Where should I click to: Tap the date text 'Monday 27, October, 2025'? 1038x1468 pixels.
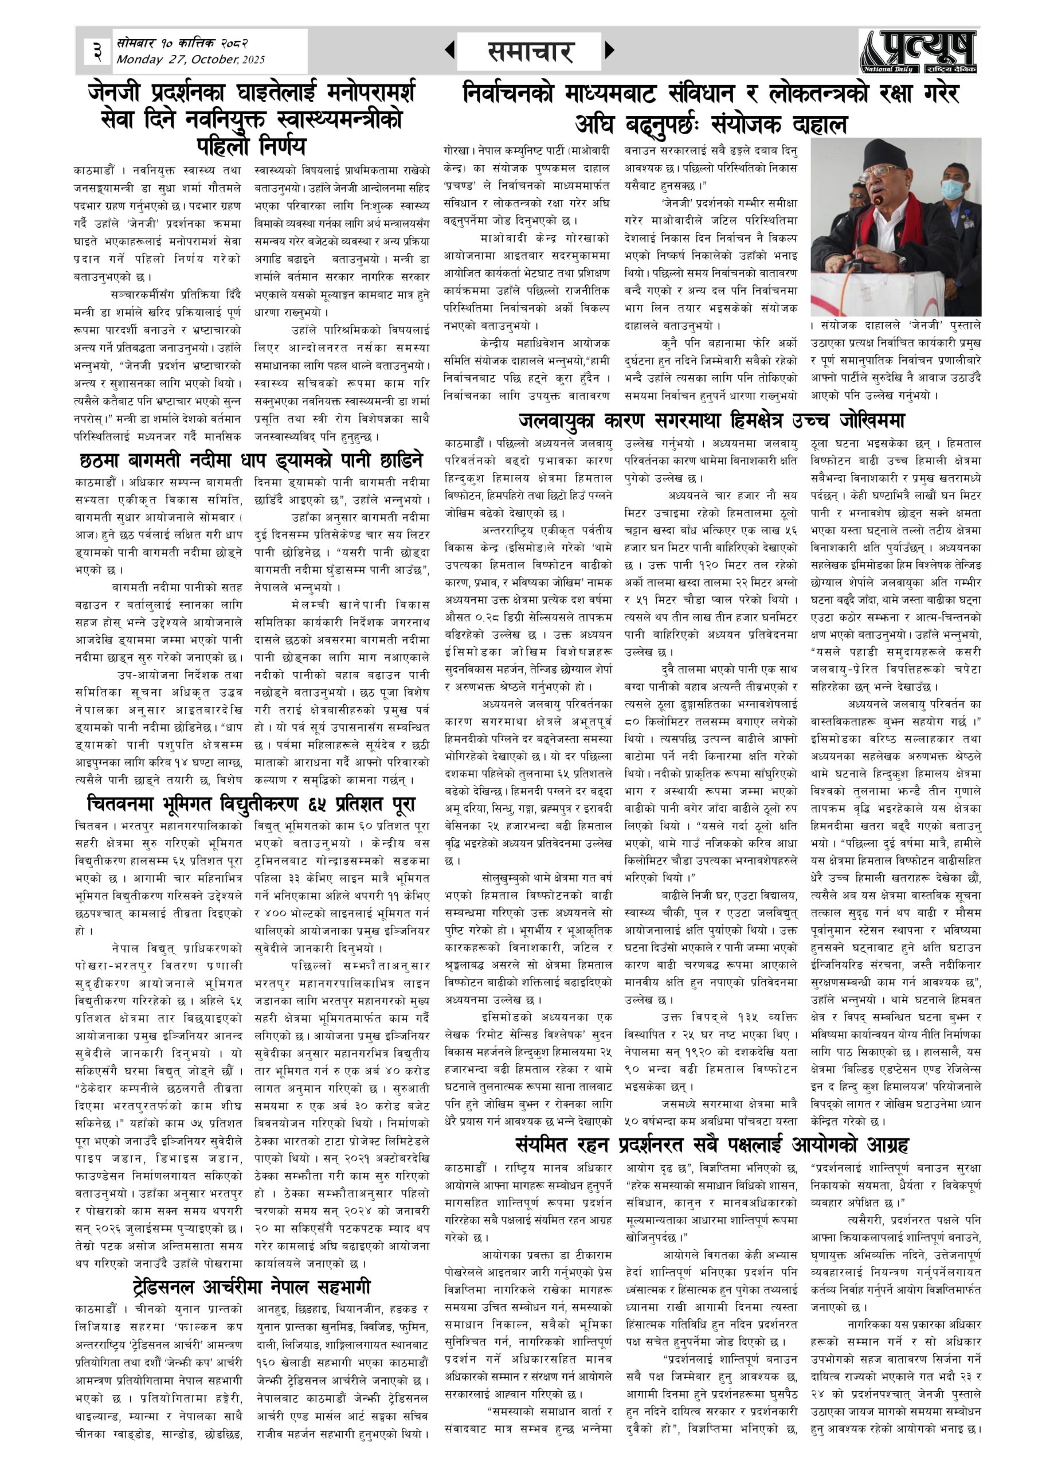coord(190,60)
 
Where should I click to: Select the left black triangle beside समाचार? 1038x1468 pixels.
coord(450,50)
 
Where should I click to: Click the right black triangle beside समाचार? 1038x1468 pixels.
coord(609,50)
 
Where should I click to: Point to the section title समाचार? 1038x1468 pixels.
coord(530,52)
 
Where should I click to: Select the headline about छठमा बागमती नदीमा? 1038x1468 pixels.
coord(251,462)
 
